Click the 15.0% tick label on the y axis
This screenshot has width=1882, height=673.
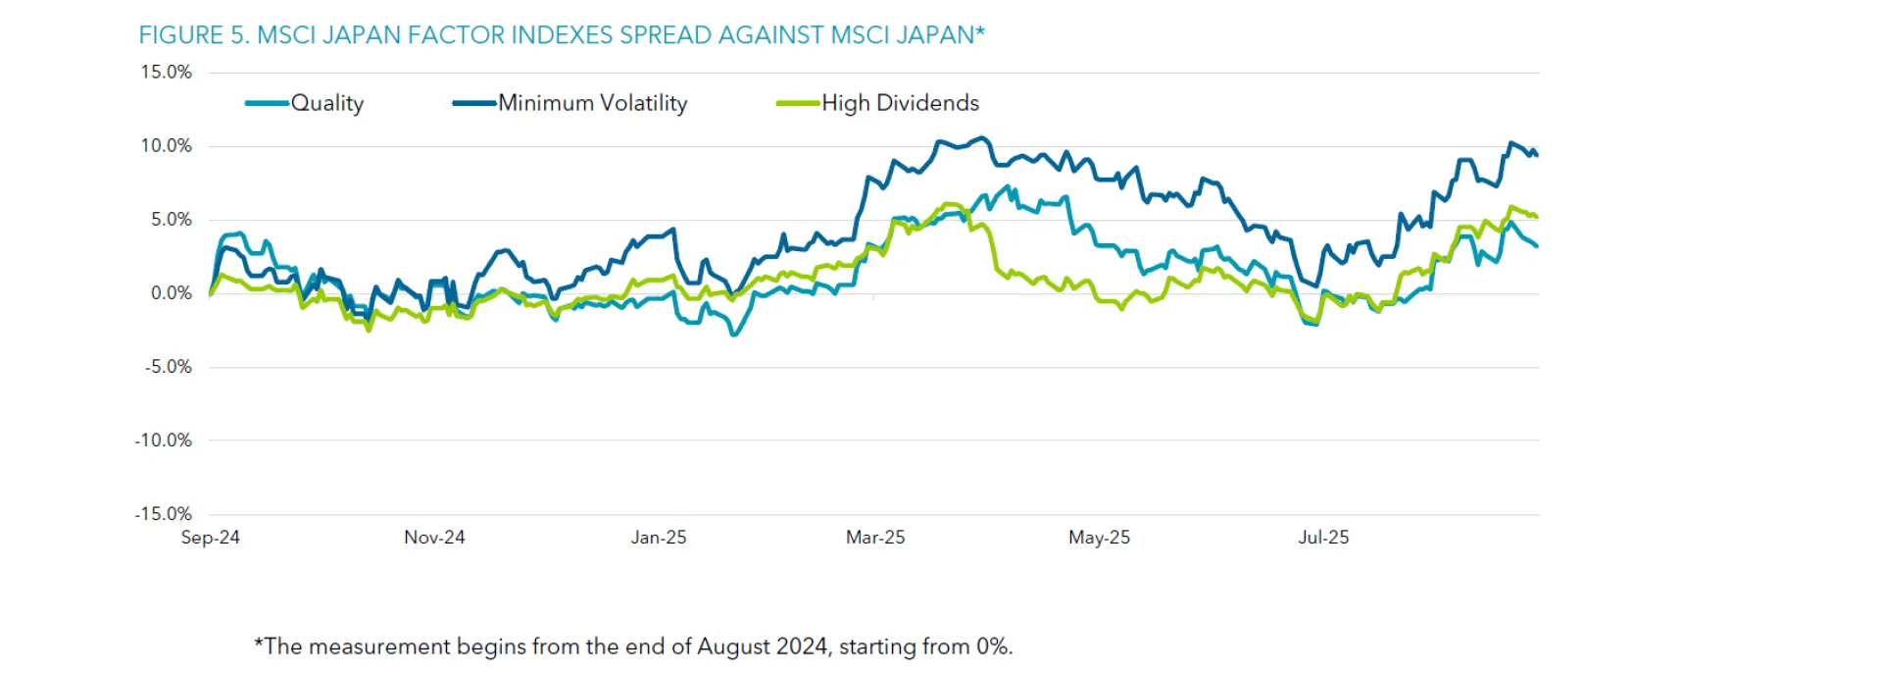pyautogui.click(x=166, y=73)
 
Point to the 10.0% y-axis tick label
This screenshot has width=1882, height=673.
pyautogui.click(x=166, y=146)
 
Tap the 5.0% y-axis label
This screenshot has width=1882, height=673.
pyautogui.click(x=171, y=220)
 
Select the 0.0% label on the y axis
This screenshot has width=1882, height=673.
pyautogui.click(x=171, y=293)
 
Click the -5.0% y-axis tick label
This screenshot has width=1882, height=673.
pyautogui.click(x=168, y=367)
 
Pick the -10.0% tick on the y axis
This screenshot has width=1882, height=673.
pyautogui.click(x=163, y=440)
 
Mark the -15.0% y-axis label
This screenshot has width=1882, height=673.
pyautogui.click(x=163, y=514)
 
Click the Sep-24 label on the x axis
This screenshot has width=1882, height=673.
pyautogui.click(x=210, y=538)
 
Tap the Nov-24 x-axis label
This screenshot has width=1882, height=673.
pyautogui.click(x=434, y=538)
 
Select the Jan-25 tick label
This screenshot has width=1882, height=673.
pyautogui.click(x=658, y=538)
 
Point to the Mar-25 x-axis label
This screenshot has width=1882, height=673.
pyautogui.click(x=875, y=538)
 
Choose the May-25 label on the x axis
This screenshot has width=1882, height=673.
pyautogui.click(x=1099, y=538)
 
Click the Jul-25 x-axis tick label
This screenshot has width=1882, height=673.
pyautogui.click(x=1323, y=538)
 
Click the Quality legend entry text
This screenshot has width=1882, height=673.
pyautogui.click(x=327, y=103)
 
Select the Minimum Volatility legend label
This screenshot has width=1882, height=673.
pyautogui.click(x=593, y=103)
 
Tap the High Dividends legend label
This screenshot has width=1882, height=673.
pyautogui.click(x=900, y=103)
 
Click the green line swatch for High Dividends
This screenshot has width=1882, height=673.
pyautogui.click(x=797, y=103)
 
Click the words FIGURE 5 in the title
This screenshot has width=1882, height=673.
pyautogui.click(x=194, y=35)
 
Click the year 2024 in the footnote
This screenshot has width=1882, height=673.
pyautogui.click(x=801, y=647)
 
